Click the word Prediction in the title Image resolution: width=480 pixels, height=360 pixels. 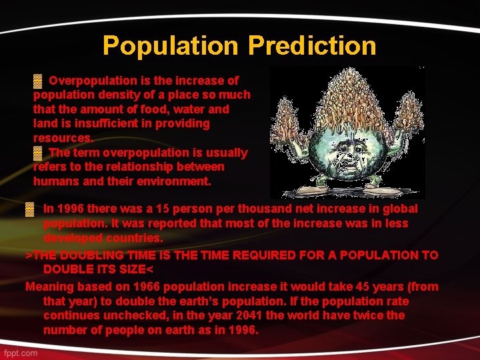click(312, 45)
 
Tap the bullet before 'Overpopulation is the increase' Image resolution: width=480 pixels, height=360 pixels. click(38, 81)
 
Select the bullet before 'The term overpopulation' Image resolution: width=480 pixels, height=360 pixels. click(38, 153)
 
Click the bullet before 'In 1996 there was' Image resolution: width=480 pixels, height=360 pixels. click(29, 209)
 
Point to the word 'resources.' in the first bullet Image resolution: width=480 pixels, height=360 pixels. click(63, 138)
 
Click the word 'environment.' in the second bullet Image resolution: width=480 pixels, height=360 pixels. click(176, 181)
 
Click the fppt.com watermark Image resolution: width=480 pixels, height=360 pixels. click(19, 352)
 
